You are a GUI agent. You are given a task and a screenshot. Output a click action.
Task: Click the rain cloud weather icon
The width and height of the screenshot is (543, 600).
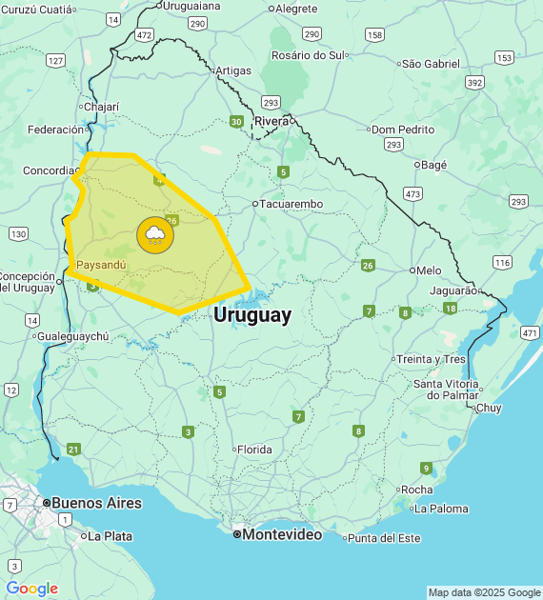[154, 234]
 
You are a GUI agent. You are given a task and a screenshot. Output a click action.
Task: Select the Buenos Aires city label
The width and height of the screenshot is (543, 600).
[96, 502]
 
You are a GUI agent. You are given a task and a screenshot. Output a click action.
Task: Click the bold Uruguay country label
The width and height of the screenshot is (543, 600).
[252, 315]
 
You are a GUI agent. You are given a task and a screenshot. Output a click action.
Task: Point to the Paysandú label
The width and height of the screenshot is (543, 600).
[100, 264]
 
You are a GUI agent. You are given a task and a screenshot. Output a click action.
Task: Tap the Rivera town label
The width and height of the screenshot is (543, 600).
[271, 121]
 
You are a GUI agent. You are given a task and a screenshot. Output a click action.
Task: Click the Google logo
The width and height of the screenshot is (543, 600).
[31, 589]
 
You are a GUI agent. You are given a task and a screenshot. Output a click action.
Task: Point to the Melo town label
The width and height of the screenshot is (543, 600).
[429, 270]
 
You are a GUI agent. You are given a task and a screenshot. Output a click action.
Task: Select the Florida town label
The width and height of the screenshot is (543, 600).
[254, 450]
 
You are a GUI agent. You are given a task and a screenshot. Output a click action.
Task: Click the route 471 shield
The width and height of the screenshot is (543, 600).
[530, 332]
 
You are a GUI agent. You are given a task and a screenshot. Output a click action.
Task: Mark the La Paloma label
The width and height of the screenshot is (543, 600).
[441, 509]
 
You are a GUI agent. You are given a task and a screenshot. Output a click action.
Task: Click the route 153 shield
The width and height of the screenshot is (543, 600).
[504, 57]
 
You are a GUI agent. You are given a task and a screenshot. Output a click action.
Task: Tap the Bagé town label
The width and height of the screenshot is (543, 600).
[433, 165]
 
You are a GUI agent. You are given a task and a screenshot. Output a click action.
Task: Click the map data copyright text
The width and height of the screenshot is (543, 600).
[484, 592]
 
